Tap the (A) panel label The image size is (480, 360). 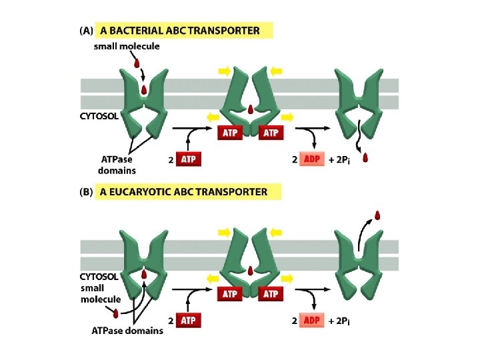(87, 31)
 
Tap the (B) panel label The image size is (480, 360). (87, 192)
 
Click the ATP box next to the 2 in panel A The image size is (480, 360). (189, 159)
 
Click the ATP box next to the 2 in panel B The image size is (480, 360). (189, 321)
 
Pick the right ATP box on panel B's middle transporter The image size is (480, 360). (271, 293)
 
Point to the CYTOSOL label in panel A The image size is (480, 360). (99, 115)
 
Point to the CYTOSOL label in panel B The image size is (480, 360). (99, 276)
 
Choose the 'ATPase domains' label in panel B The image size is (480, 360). (127, 331)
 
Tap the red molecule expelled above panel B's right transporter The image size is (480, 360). (377, 215)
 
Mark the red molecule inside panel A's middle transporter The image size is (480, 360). (250, 109)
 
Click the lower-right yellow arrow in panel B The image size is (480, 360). (287, 278)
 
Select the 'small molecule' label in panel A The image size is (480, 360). (127, 46)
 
